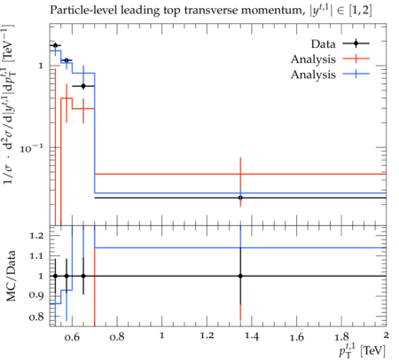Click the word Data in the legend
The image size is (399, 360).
pos(323,44)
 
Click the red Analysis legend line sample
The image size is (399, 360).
pos(356,59)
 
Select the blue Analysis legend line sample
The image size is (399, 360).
pos(356,74)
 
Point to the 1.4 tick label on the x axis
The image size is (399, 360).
pos(252,336)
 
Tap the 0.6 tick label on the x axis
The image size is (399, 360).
pos(72,336)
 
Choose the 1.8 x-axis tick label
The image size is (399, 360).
pos(341,336)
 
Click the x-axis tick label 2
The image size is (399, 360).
pos(386,335)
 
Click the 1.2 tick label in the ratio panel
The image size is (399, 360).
pos(36,236)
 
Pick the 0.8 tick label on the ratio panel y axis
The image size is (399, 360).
pos(36,317)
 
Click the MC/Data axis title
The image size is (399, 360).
pos(11,276)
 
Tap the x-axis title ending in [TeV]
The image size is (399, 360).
pos(363,349)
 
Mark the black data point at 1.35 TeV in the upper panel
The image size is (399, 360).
pos(240,198)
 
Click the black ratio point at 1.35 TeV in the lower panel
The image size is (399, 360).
pos(240,276)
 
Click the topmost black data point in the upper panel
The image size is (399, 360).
pos(55,45)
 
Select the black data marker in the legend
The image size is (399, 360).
pos(356,43)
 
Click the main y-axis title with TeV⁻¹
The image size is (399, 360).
pos(9,104)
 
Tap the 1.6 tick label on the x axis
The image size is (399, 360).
pos(296,336)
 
